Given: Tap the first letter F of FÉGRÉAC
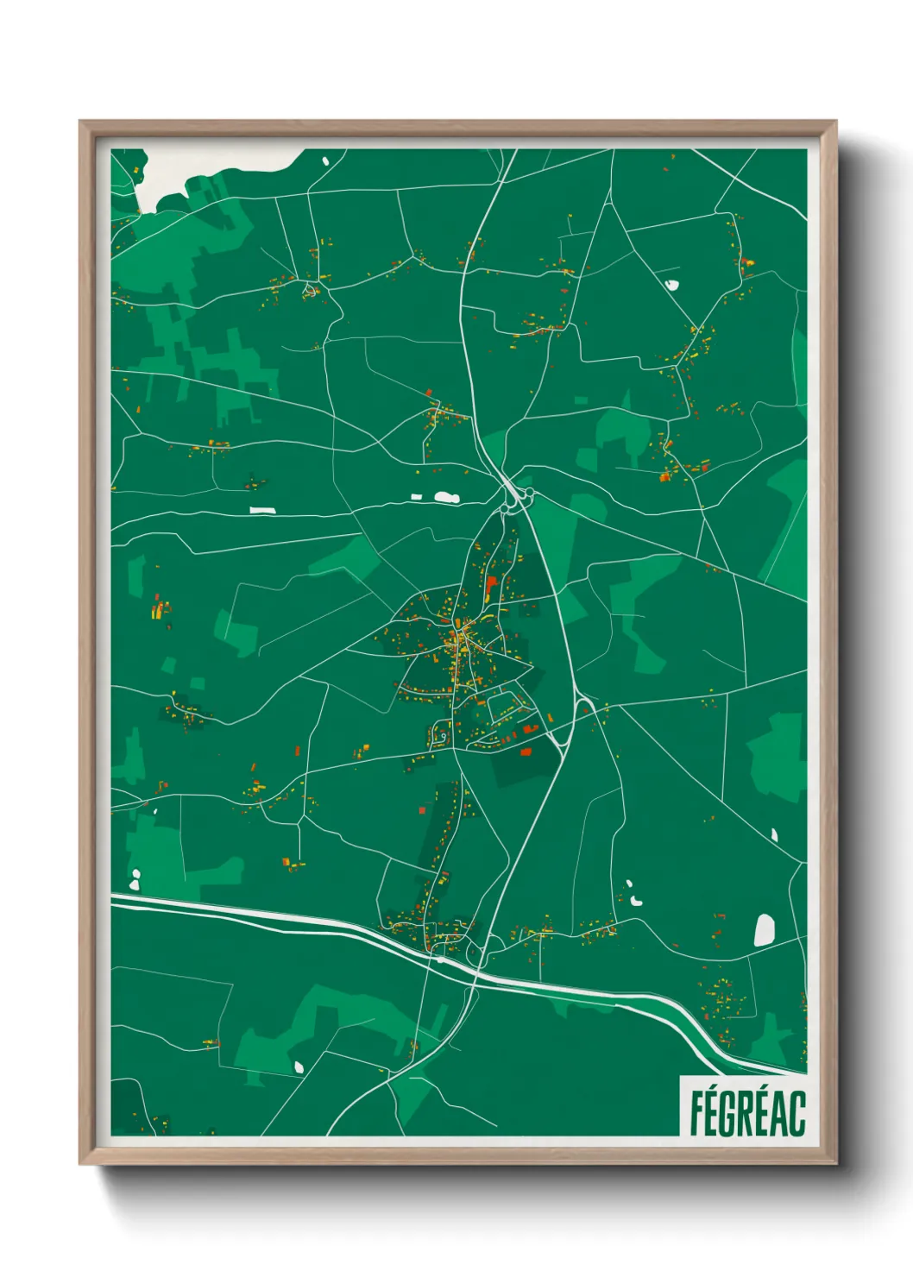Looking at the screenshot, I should coord(696,1113).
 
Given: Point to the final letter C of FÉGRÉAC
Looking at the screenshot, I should coord(797,1113).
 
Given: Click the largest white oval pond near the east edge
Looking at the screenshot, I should coord(765,930).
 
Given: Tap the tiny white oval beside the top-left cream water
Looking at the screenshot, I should coord(325,160).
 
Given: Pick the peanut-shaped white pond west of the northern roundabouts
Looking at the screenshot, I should coord(445,497).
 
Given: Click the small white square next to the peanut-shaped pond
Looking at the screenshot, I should coord(416,497).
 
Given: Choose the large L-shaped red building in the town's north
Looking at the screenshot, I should coord(491,586).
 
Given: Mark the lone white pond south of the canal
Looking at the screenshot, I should coord(299,1066).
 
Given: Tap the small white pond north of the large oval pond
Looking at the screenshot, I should coord(774,834).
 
